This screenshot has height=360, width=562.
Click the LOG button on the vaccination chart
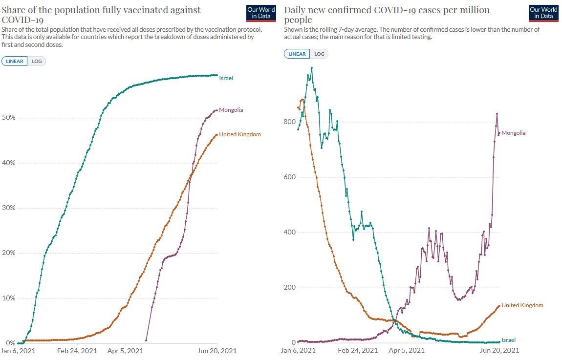coord(37,62)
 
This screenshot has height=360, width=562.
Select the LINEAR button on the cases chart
coord(297,54)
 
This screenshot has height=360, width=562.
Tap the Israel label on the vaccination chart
coord(226,78)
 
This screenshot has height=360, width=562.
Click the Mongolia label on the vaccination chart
coord(231,110)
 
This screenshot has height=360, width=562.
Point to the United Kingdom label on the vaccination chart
coord(239,134)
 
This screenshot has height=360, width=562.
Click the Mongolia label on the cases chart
coord(513,133)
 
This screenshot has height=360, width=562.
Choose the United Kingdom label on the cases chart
coord(522,305)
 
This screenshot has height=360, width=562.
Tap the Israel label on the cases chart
coord(508,340)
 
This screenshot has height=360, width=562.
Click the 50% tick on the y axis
coord(9,118)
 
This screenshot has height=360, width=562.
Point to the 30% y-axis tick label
coord(9,208)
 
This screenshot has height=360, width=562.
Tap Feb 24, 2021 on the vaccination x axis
coord(77,351)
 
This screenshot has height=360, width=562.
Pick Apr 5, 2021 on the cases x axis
coord(406,351)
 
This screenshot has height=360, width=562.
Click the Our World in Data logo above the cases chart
coord(543,14)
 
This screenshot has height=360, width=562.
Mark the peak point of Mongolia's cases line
coord(497,114)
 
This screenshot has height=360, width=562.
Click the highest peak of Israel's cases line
coord(312,68)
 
